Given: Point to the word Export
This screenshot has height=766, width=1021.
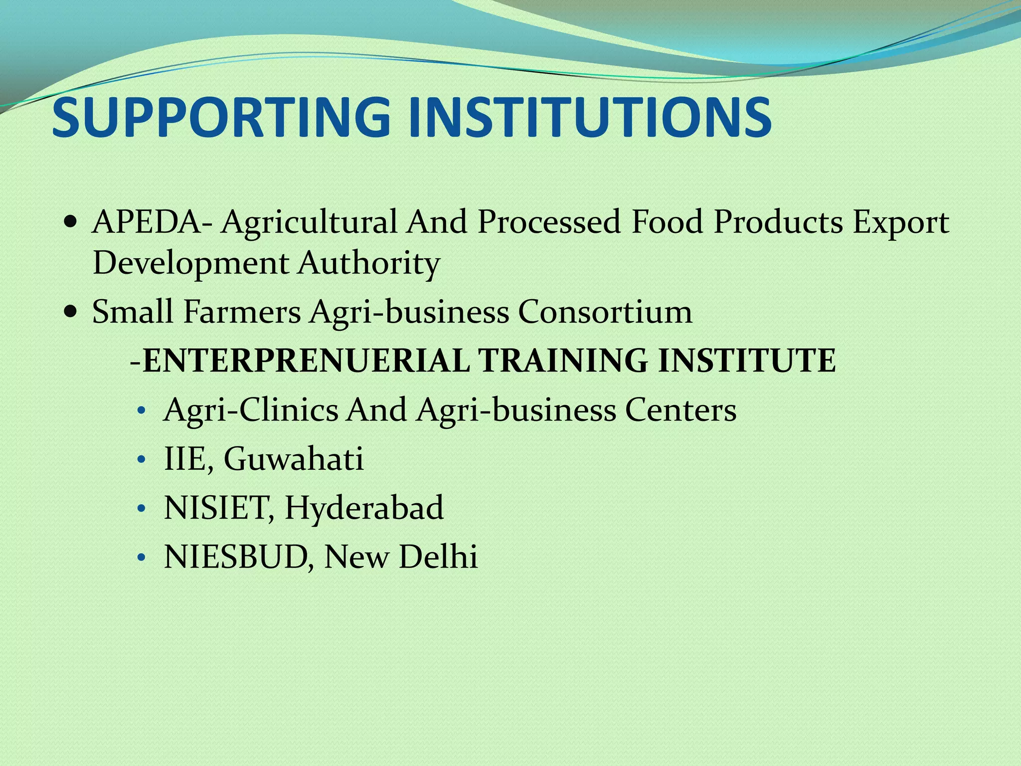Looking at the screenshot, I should pyautogui.click(x=900, y=222).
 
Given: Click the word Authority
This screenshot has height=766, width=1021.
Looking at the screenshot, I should pyautogui.click(x=369, y=263).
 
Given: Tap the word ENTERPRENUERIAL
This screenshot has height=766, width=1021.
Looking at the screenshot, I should pyautogui.click(x=306, y=360).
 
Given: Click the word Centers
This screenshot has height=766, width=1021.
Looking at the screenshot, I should pyautogui.click(x=681, y=410).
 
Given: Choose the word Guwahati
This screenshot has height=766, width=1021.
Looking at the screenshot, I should pyautogui.click(x=294, y=459).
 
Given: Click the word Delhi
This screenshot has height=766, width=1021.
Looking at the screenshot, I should pyautogui.click(x=438, y=557).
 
